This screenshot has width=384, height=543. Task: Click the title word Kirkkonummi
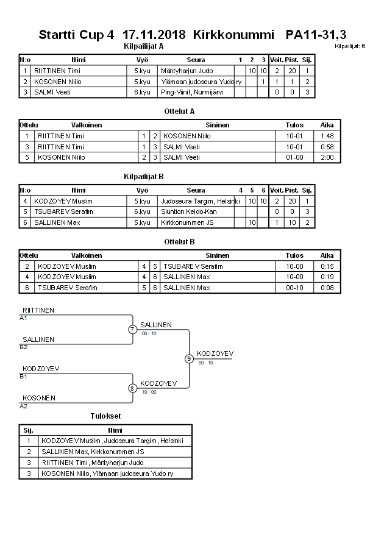coord(233,35)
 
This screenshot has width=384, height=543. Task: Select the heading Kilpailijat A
coord(143,46)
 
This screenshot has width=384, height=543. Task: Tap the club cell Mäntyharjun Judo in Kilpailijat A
coord(187,71)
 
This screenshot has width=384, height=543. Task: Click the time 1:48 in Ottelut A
coord(327,136)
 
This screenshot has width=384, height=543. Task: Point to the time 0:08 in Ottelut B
coord(327,288)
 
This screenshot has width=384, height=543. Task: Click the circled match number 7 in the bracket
coord(132,330)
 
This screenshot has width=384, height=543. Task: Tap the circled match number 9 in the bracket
coord(189,358)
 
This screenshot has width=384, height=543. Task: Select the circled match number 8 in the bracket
coord(132,388)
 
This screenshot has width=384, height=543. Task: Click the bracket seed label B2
coord(23,347)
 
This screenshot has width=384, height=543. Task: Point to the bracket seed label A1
coord(23,318)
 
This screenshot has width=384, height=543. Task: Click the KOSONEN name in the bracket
coord(39,398)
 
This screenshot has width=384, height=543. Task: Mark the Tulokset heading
coord(105,416)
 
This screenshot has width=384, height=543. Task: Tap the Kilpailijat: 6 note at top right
coord(350,46)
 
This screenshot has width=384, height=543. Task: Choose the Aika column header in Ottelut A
coord(327,125)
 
